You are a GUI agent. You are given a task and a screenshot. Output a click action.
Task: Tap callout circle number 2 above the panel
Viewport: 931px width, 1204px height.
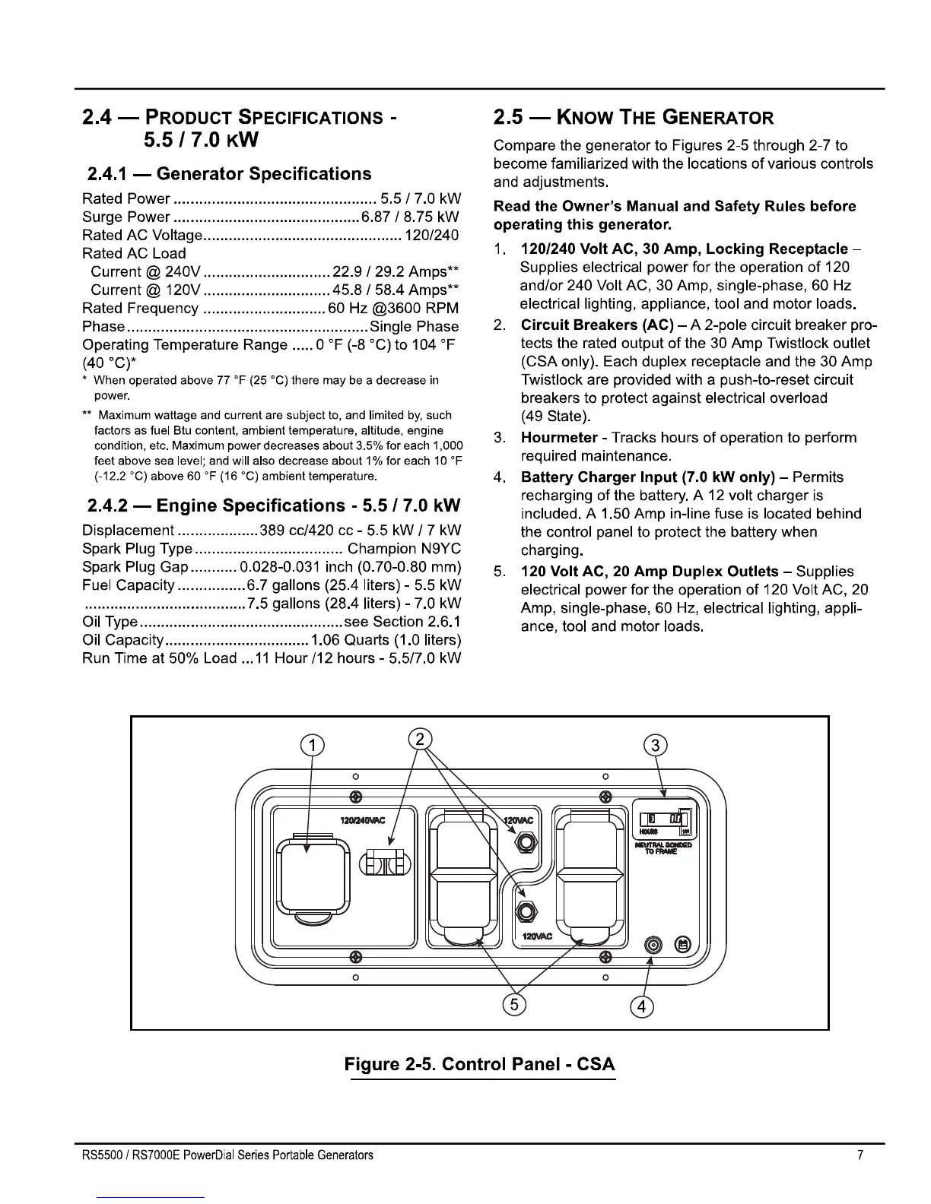coord(420,738)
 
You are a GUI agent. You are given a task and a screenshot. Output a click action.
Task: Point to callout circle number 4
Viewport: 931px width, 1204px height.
coord(643,1006)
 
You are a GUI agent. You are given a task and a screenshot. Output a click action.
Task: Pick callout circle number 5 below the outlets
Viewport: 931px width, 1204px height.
coord(515,1004)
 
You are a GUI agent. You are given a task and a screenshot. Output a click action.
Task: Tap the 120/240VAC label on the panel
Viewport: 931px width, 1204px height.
coord(363,819)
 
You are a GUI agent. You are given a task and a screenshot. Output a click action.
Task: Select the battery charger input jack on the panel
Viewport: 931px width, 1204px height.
coord(653,945)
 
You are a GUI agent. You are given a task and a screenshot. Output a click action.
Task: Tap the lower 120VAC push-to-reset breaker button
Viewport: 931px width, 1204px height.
coord(525,911)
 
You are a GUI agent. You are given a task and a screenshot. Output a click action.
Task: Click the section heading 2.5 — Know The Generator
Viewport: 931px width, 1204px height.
coord(633,117)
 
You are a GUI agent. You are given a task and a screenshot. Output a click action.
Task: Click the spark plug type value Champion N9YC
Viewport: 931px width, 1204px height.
coord(403,549)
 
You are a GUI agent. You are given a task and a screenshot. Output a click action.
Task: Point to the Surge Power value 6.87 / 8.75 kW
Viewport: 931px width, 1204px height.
coord(410,217)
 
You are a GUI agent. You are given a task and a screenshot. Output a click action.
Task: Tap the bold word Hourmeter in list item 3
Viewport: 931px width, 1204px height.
coord(559,438)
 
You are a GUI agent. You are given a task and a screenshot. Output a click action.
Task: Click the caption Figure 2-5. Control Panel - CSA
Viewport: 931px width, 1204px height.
coord(479,1063)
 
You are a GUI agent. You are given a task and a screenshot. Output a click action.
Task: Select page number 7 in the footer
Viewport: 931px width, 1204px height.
coord(860,1155)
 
